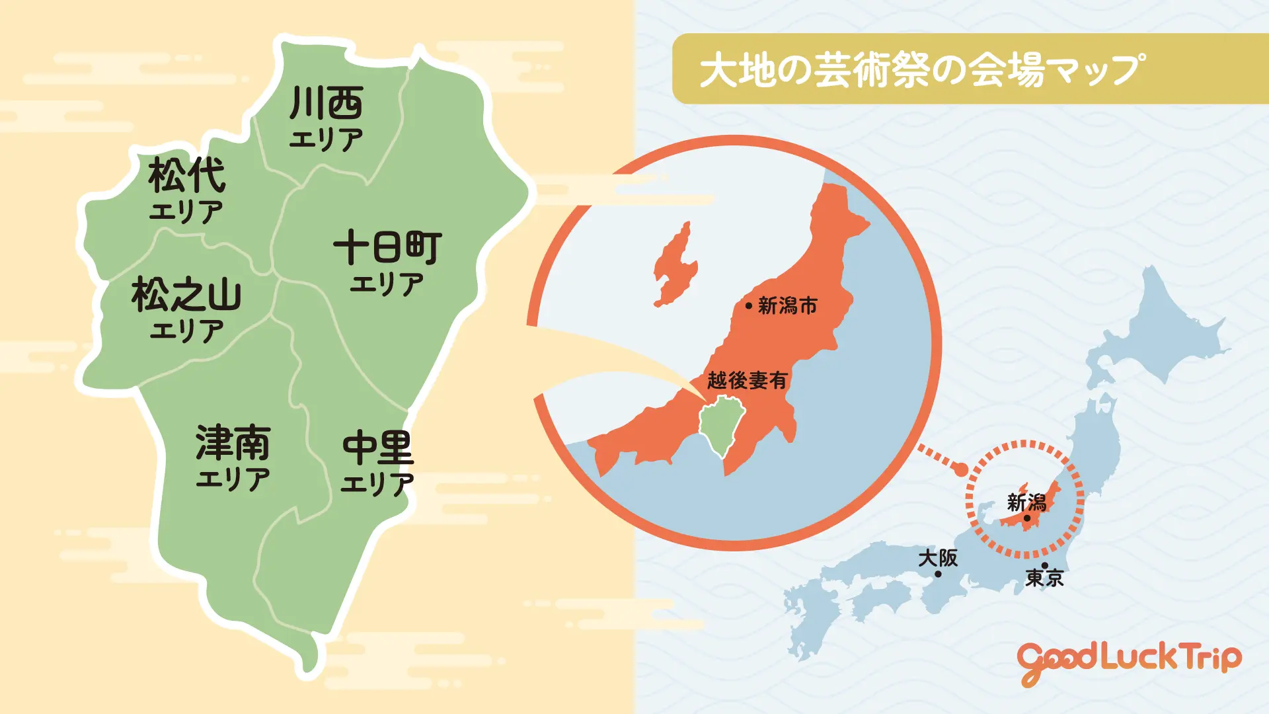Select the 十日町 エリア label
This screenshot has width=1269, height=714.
[387, 261]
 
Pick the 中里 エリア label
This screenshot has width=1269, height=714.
[377, 462]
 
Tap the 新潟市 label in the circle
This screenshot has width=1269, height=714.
[788, 305]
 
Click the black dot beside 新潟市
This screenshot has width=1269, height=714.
[748, 305]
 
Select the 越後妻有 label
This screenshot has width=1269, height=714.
[748, 380]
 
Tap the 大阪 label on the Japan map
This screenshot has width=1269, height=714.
[938, 557]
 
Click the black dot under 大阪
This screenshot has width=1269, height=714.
[938, 574]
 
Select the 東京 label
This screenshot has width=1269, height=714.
[1044, 578]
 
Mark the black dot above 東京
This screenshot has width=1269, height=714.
[1044, 565]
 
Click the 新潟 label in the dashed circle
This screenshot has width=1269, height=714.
[1026, 502]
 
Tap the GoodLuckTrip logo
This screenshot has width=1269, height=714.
[1129, 660]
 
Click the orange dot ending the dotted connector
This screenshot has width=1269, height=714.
[962, 469]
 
